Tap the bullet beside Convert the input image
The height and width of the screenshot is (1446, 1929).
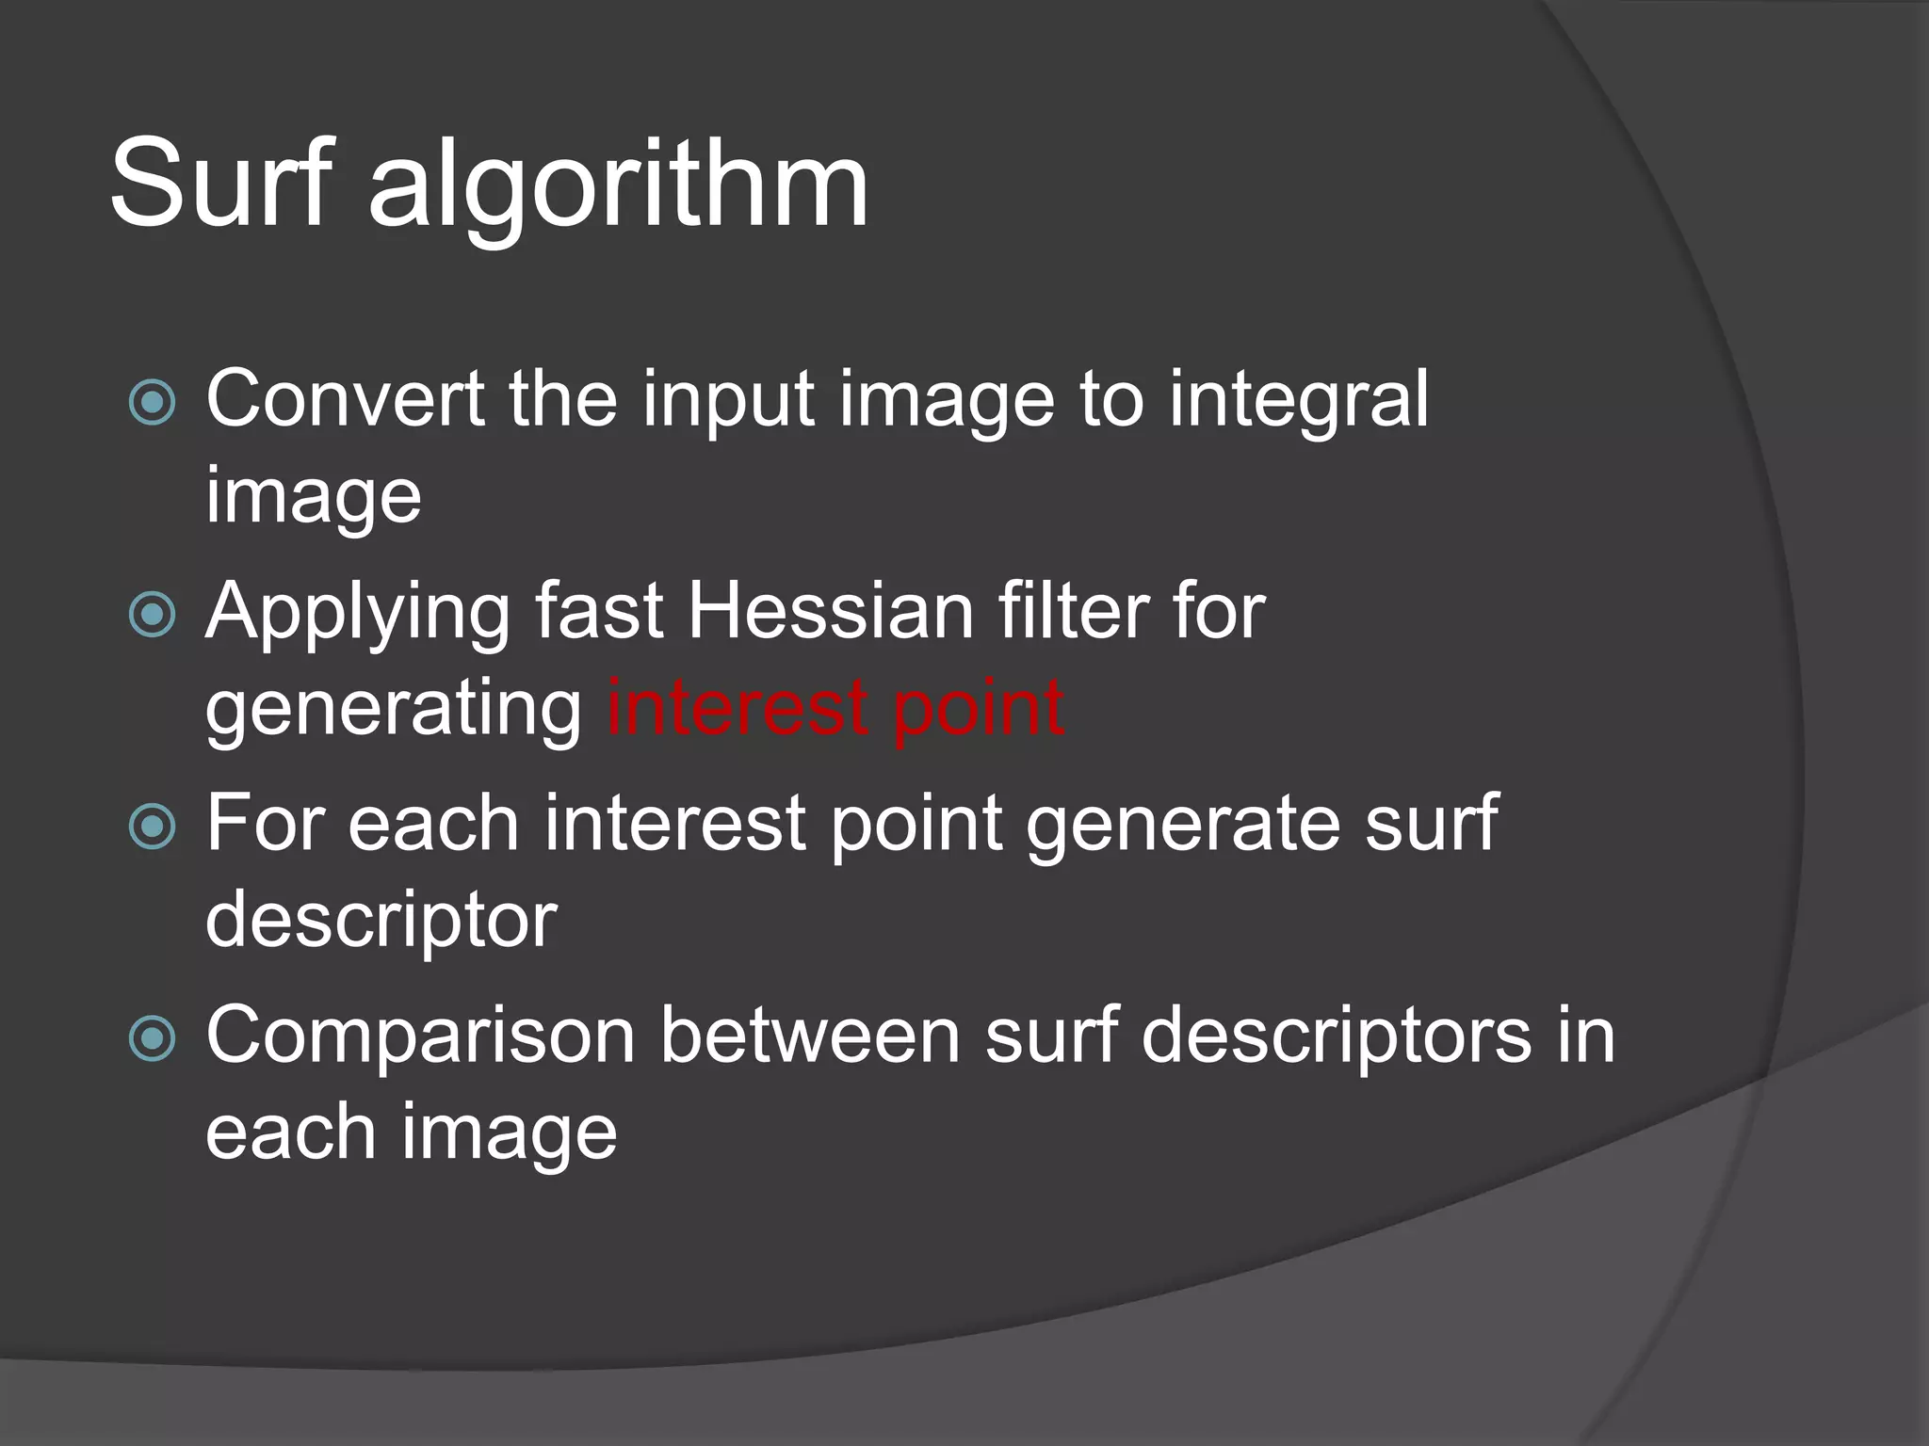(152, 403)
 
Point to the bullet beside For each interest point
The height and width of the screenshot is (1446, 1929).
(152, 827)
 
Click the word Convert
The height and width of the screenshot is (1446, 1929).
(345, 399)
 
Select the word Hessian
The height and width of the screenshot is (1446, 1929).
(830, 612)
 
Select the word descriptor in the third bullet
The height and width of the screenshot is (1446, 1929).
(381, 921)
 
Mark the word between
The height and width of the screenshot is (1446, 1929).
(809, 1036)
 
